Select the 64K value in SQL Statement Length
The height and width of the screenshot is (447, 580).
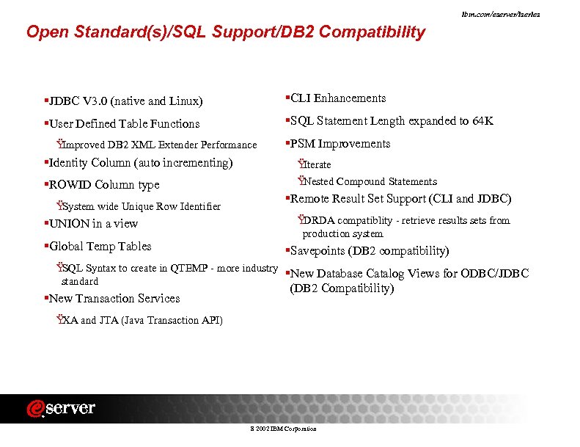(480, 121)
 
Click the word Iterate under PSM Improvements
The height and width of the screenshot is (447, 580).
(317, 164)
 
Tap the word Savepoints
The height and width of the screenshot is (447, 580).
(318, 251)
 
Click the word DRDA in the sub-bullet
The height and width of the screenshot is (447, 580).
(317, 220)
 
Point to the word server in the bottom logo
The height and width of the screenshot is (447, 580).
(72, 409)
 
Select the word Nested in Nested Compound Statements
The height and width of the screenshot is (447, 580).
(318, 182)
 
